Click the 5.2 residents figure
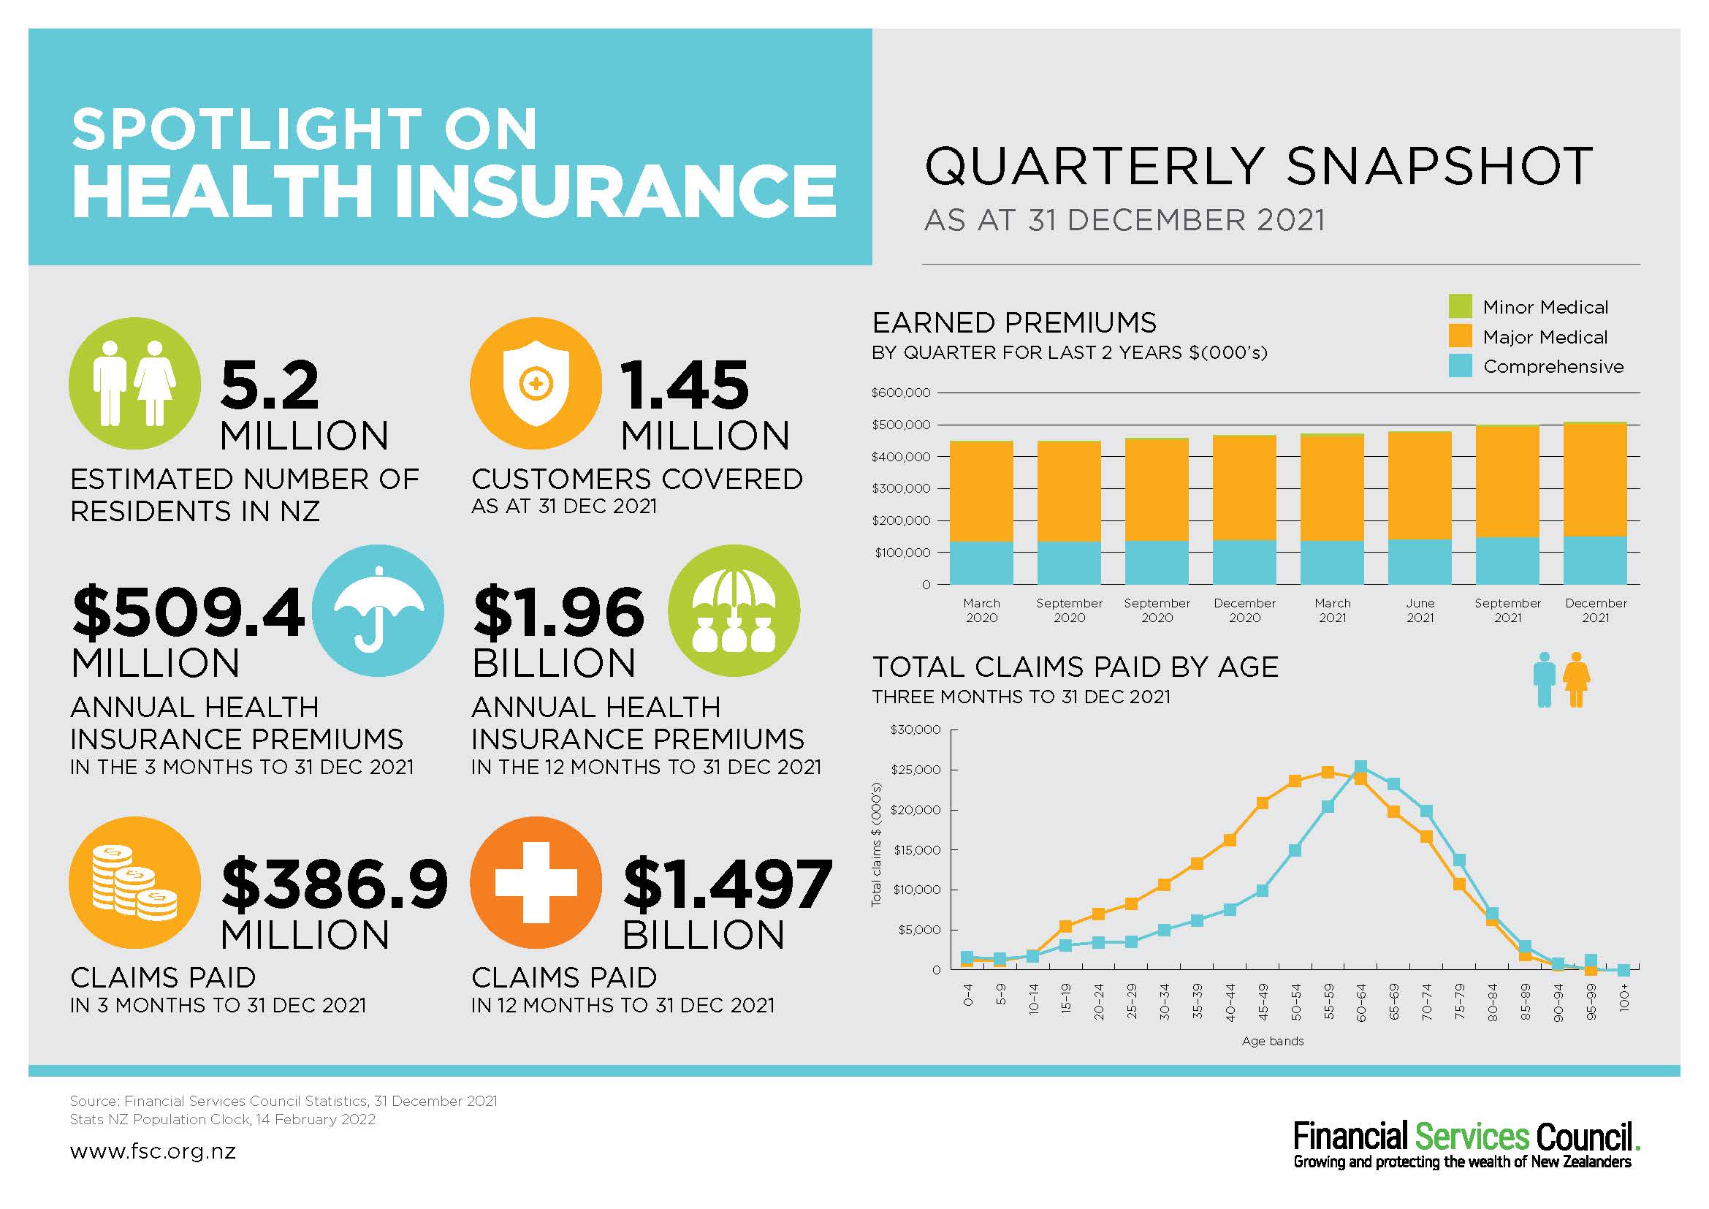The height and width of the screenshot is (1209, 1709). click(x=270, y=385)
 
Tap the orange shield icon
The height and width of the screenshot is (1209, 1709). click(x=535, y=384)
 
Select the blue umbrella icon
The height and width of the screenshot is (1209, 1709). click(x=378, y=610)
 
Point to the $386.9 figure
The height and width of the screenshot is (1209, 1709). click(x=335, y=884)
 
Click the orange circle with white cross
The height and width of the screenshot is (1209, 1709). click(x=535, y=882)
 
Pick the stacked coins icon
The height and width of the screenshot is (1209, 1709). click(x=134, y=882)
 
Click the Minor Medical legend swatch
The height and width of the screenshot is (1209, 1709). click(x=1461, y=306)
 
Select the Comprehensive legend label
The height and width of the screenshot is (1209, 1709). click(x=1553, y=367)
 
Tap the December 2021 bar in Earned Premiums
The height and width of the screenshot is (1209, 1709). click(x=1595, y=503)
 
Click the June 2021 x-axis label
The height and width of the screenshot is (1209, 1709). click(x=1420, y=610)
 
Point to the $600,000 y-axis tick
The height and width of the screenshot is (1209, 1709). click(x=901, y=393)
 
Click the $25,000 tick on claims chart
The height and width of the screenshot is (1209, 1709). click(x=916, y=770)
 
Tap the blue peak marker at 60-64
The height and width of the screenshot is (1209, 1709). click(x=1360, y=767)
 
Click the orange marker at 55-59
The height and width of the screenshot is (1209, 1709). click(x=1328, y=772)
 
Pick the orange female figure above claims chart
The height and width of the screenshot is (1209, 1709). click(x=1577, y=680)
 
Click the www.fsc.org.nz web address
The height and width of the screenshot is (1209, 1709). click(x=153, y=1152)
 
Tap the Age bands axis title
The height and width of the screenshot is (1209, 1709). click(x=1273, y=1041)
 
